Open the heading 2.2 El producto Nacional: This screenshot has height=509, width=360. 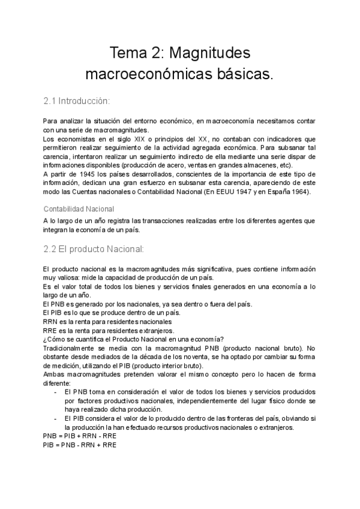click(93, 248)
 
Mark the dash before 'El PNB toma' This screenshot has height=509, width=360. click(55, 391)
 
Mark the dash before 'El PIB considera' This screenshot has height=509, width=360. click(55, 418)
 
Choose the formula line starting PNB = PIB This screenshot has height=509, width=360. click(80, 436)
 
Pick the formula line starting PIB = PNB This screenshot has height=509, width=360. click(80, 445)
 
